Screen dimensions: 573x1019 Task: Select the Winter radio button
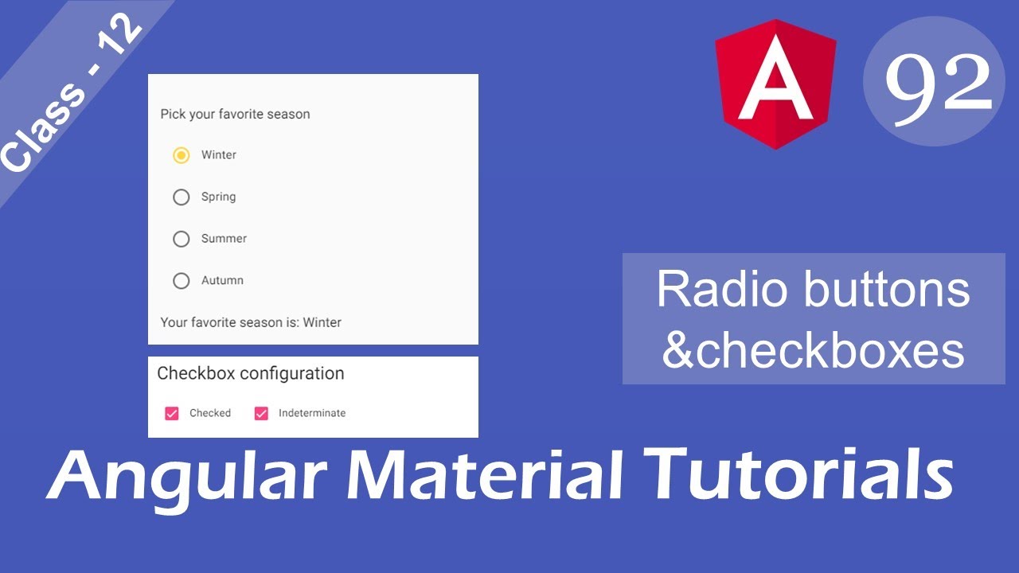[182, 155]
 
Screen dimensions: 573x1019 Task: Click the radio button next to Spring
[182, 197]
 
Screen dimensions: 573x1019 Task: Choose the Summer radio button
[182, 239]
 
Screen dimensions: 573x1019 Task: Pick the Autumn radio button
[182, 280]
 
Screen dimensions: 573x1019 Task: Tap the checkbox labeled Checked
[172, 413]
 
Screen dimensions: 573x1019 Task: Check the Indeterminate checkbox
[261, 413]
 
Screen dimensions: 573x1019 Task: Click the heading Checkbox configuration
[251, 373]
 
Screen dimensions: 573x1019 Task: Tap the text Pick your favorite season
[235, 114]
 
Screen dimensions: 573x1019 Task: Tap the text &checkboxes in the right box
[813, 350]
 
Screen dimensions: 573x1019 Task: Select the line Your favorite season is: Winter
[251, 322]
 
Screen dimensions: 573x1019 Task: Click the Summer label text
[224, 239]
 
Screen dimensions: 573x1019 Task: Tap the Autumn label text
[222, 280]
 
